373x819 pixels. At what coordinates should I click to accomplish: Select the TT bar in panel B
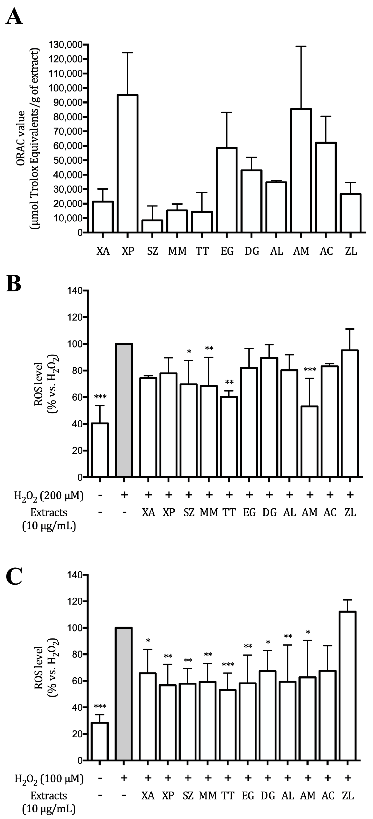tap(229, 437)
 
